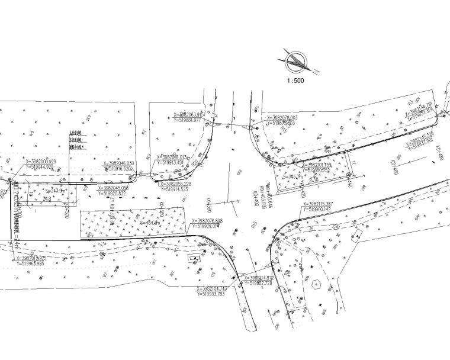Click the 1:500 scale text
click(x=294, y=81)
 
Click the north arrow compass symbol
click(x=296, y=62)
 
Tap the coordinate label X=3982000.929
click(x=41, y=162)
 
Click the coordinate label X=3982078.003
click(x=277, y=118)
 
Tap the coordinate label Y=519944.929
click(x=41, y=168)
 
